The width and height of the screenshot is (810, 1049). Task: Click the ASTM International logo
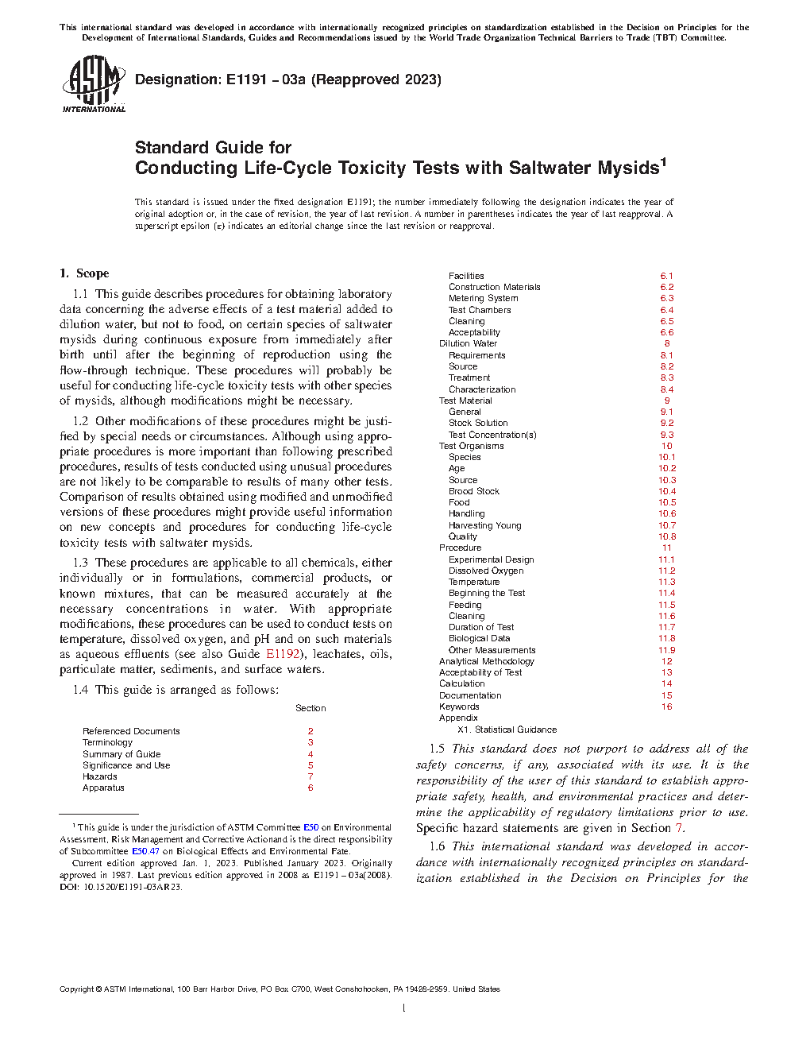(x=94, y=83)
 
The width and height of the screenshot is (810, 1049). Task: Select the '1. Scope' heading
(x=84, y=273)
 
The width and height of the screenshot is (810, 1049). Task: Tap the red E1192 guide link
(x=283, y=654)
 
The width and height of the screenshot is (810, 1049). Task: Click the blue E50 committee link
(x=310, y=827)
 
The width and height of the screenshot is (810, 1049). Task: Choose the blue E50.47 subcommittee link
(x=145, y=851)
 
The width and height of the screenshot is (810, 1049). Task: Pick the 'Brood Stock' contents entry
(x=474, y=491)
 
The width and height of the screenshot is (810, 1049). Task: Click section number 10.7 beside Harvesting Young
(x=667, y=525)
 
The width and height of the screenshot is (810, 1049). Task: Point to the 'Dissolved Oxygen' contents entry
(x=486, y=571)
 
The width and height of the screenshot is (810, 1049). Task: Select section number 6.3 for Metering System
(x=667, y=298)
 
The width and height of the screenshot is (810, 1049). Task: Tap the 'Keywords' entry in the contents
(x=459, y=706)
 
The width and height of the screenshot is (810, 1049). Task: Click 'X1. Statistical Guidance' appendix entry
(x=507, y=730)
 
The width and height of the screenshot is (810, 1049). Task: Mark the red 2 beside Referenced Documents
(x=310, y=731)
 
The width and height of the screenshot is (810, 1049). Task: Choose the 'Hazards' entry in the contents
(x=100, y=776)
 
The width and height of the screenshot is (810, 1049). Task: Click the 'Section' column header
(x=310, y=708)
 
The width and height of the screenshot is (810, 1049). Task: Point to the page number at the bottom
(x=404, y=1008)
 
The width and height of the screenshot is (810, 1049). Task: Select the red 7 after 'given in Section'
(x=679, y=828)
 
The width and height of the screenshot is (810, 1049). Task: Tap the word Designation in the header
(x=177, y=79)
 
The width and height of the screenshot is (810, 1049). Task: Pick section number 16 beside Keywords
(x=667, y=706)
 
